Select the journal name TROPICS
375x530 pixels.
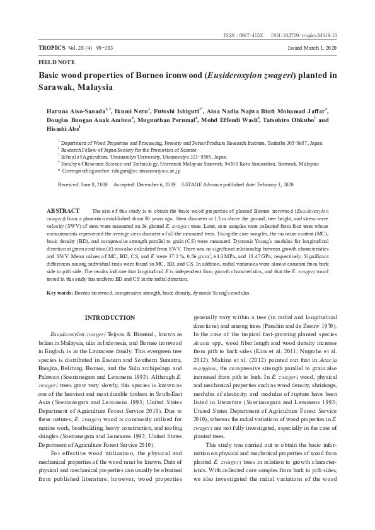click(53, 48)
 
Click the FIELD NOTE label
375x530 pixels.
click(57, 62)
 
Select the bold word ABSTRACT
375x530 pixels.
click(64, 210)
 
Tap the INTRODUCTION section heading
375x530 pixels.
click(110, 318)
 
